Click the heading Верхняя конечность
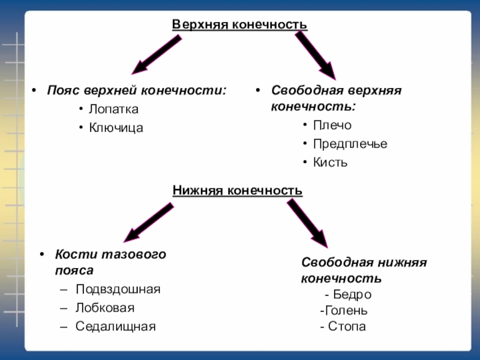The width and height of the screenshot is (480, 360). pos(239,25)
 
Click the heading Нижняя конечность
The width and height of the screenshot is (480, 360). pos(238,191)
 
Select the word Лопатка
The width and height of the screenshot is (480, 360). pos(113,109)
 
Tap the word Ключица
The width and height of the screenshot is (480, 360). pos(116,127)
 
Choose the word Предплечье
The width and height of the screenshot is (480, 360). pos(350,144)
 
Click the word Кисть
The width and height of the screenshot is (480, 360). pos(330,163)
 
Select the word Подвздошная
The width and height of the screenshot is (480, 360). pos(118,289)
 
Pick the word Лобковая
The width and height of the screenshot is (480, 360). pos(104,308)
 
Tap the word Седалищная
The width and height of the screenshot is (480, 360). pos(115,326)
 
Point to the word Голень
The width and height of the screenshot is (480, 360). pos(346,311)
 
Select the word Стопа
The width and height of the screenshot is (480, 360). pos(347,326)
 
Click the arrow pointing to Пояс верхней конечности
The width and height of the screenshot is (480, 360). pos(155,54)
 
